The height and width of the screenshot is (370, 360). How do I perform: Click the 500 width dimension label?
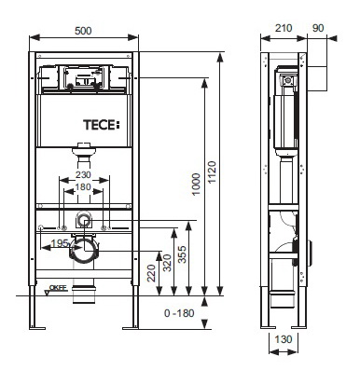click(83, 31)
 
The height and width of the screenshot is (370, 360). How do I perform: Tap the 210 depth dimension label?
click(284, 28)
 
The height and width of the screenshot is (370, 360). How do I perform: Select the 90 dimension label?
click(318, 28)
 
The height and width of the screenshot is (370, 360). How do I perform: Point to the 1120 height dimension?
click(212, 172)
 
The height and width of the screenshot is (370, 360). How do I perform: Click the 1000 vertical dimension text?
click(197, 185)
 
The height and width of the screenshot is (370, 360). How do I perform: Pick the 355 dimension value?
click(182, 254)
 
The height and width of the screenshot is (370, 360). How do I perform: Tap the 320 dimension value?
click(167, 263)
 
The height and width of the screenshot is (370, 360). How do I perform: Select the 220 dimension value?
click(152, 273)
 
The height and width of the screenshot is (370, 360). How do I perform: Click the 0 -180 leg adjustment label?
click(179, 313)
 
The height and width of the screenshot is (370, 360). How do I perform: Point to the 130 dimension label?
click(284, 339)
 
